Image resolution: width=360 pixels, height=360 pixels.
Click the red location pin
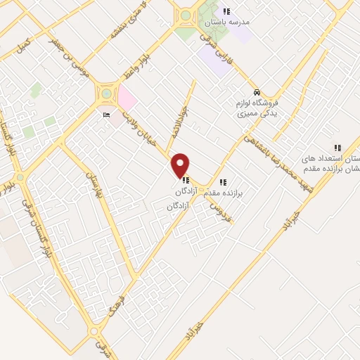point(181,165)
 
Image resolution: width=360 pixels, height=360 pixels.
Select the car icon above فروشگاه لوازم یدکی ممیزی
point(257,93)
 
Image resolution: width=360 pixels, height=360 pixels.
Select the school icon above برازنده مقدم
point(224,182)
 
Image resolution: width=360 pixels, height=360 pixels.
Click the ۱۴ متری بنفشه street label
point(129,23)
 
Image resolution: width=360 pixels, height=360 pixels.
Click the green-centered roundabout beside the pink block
point(106,91)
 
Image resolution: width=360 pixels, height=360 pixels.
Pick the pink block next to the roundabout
point(127,96)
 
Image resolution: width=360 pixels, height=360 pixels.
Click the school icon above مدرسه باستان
point(226,11)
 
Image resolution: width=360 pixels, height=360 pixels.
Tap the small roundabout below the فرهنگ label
point(94,330)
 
